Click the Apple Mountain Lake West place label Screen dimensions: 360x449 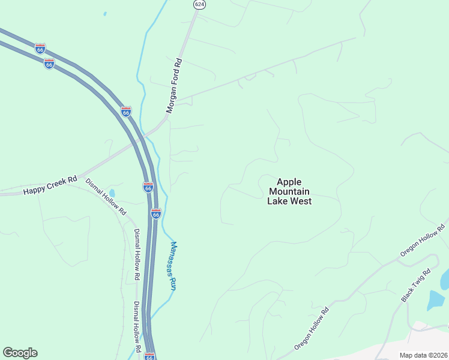289,191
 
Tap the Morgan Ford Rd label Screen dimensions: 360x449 174,86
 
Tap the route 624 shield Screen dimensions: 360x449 198,4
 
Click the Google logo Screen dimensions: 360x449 20,353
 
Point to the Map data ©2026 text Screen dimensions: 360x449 424,355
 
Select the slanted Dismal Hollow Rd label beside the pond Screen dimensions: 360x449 106,197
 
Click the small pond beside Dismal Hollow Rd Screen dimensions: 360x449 112,193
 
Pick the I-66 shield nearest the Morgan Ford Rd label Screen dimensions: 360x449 126,112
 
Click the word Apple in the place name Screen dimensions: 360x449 289,182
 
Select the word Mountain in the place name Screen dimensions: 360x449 289,191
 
